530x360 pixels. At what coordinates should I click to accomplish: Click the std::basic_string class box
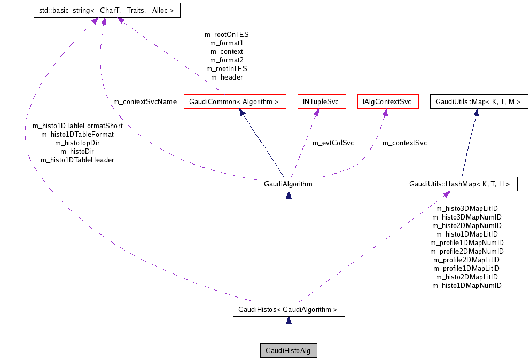coord(106,10)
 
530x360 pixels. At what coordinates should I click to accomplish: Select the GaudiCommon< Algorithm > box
coord(234,101)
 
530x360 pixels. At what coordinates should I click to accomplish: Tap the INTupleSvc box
coord(321,101)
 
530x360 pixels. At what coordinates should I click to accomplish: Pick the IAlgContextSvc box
coord(387,101)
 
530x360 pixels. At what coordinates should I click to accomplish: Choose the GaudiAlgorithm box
coord(289,184)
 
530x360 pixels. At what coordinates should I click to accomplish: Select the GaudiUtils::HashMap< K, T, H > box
coord(460,184)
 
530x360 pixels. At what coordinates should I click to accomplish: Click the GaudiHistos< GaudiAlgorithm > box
coord(289,309)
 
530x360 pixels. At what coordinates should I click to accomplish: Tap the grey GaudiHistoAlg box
coord(289,350)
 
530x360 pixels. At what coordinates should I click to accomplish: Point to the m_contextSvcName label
coord(144,101)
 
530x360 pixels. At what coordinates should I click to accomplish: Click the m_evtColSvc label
coord(333,143)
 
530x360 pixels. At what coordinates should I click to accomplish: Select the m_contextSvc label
coord(404,143)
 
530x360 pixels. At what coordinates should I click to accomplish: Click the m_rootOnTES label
coord(227,34)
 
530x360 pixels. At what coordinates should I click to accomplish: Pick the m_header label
coord(227,77)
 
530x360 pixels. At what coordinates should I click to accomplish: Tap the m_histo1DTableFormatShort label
coord(77,126)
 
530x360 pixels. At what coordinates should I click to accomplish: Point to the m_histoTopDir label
coord(77,143)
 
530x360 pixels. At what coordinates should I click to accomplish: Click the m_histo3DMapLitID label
coord(466,209)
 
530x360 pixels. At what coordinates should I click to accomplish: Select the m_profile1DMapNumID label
coord(466,242)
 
